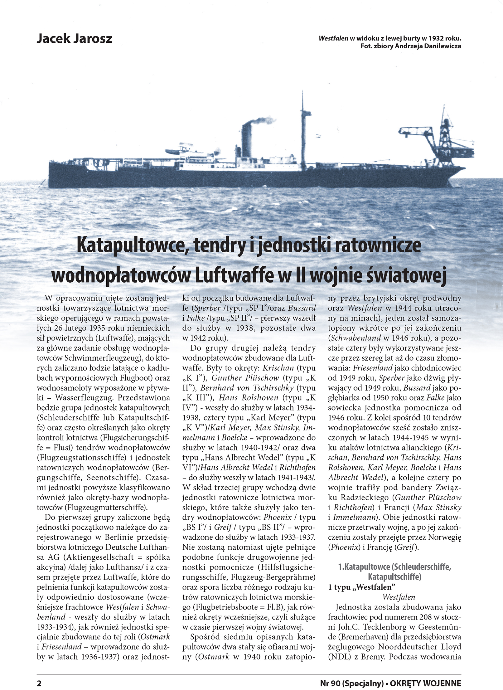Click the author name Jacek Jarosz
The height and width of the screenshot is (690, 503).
coord(74,39)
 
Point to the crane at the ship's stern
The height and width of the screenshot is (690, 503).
coord(443,137)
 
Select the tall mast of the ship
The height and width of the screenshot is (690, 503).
coord(302,131)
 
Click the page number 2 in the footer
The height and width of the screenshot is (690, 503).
coord(39,683)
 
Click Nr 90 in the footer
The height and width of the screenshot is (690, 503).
coord(330,683)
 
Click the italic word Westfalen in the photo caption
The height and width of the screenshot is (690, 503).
coord(333,39)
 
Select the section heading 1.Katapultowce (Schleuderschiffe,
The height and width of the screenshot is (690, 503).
coord(394,567)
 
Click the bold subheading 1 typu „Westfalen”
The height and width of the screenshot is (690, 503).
coord(361,587)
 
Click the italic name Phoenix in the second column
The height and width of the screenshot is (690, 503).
coord(278,517)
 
